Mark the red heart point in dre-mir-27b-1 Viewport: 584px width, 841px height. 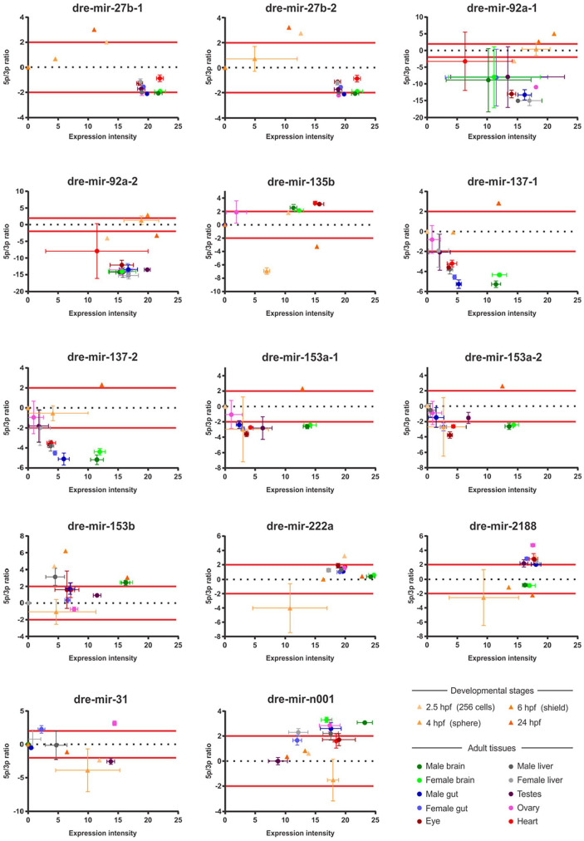pos(159,78)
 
